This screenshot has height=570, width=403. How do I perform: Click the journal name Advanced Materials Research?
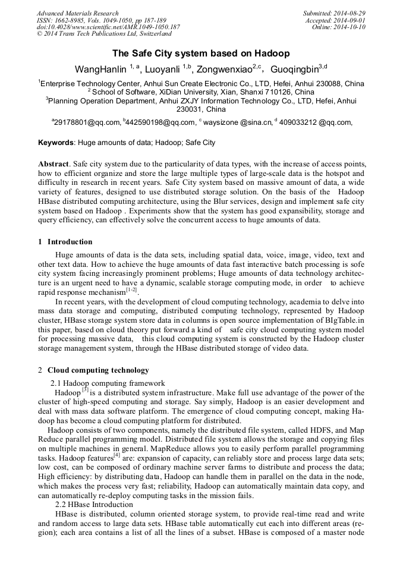[77, 13]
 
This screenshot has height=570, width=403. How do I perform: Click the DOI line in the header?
[108, 27]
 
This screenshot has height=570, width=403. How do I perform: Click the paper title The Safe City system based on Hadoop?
[201, 53]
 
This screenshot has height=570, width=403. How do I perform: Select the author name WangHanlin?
[99, 69]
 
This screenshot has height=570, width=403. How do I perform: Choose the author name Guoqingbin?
[294, 69]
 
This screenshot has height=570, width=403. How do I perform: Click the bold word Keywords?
[56, 143]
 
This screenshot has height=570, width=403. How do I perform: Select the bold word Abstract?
[53, 163]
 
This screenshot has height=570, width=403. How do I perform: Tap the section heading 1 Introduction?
[65, 242]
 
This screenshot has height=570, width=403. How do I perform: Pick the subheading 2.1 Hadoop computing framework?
[108, 383]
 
